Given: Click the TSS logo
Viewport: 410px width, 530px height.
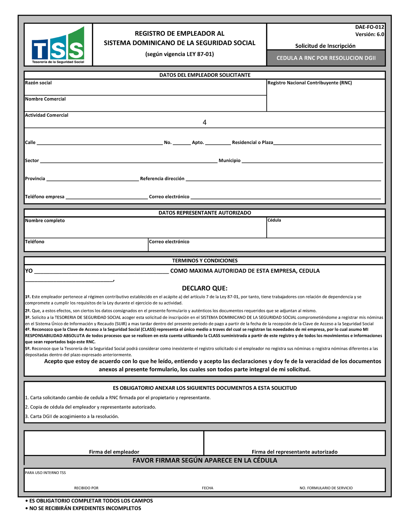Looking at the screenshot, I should [58, 45].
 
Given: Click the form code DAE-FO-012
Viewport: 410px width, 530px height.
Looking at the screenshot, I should [369, 27].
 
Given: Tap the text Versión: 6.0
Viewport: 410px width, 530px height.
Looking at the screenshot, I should [369, 34].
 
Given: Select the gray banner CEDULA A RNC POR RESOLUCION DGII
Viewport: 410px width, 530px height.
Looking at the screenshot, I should [326, 58].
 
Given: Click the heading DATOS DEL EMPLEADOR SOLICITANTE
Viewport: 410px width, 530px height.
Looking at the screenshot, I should [205, 75].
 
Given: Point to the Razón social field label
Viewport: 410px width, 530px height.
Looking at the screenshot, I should [38, 83].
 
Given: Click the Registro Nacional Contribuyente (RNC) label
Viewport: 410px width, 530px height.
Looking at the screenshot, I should [310, 83].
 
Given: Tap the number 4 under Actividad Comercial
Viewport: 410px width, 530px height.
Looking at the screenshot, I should [204, 123].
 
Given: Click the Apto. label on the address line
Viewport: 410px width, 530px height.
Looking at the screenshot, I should [198, 143].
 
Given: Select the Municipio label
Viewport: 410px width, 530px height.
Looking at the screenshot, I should [230, 161].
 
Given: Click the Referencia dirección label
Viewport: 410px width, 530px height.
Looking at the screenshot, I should [162, 179].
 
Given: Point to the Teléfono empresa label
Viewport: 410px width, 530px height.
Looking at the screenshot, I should [45, 197].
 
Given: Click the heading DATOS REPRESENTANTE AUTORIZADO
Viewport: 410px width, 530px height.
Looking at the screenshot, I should [205, 213].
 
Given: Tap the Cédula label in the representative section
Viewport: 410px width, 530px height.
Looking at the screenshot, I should [274, 220].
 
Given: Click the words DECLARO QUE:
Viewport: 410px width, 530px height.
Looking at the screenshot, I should [205, 288].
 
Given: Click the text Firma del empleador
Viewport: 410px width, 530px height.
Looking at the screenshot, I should [114, 452].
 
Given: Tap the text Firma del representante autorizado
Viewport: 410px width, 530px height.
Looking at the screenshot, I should [295, 452].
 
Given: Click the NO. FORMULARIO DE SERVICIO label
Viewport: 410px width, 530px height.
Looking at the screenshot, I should [326, 488].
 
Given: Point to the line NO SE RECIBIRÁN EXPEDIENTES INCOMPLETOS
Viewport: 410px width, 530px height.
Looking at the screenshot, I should [85, 508].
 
